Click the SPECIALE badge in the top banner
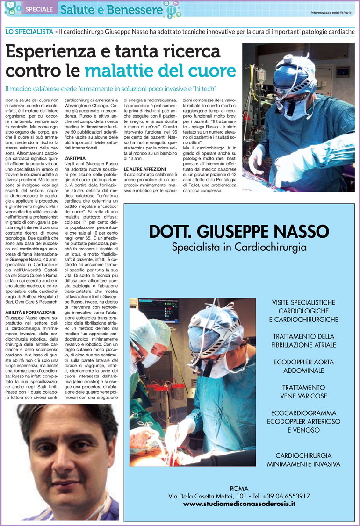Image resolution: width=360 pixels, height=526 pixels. click(x=39, y=9)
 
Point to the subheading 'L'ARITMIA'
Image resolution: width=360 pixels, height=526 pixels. click(x=75, y=159)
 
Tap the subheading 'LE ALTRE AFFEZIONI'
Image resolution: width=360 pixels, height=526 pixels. click(x=145, y=168)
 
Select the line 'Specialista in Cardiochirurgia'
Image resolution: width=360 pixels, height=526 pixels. click(x=239, y=247)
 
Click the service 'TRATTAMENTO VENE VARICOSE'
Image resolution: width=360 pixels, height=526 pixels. click(x=303, y=392)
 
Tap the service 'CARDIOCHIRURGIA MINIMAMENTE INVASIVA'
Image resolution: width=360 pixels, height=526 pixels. click(x=303, y=460)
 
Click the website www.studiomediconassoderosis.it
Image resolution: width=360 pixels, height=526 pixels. click(x=239, y=504)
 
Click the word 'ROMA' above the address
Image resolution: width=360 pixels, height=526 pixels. click(x=239, y=488)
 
